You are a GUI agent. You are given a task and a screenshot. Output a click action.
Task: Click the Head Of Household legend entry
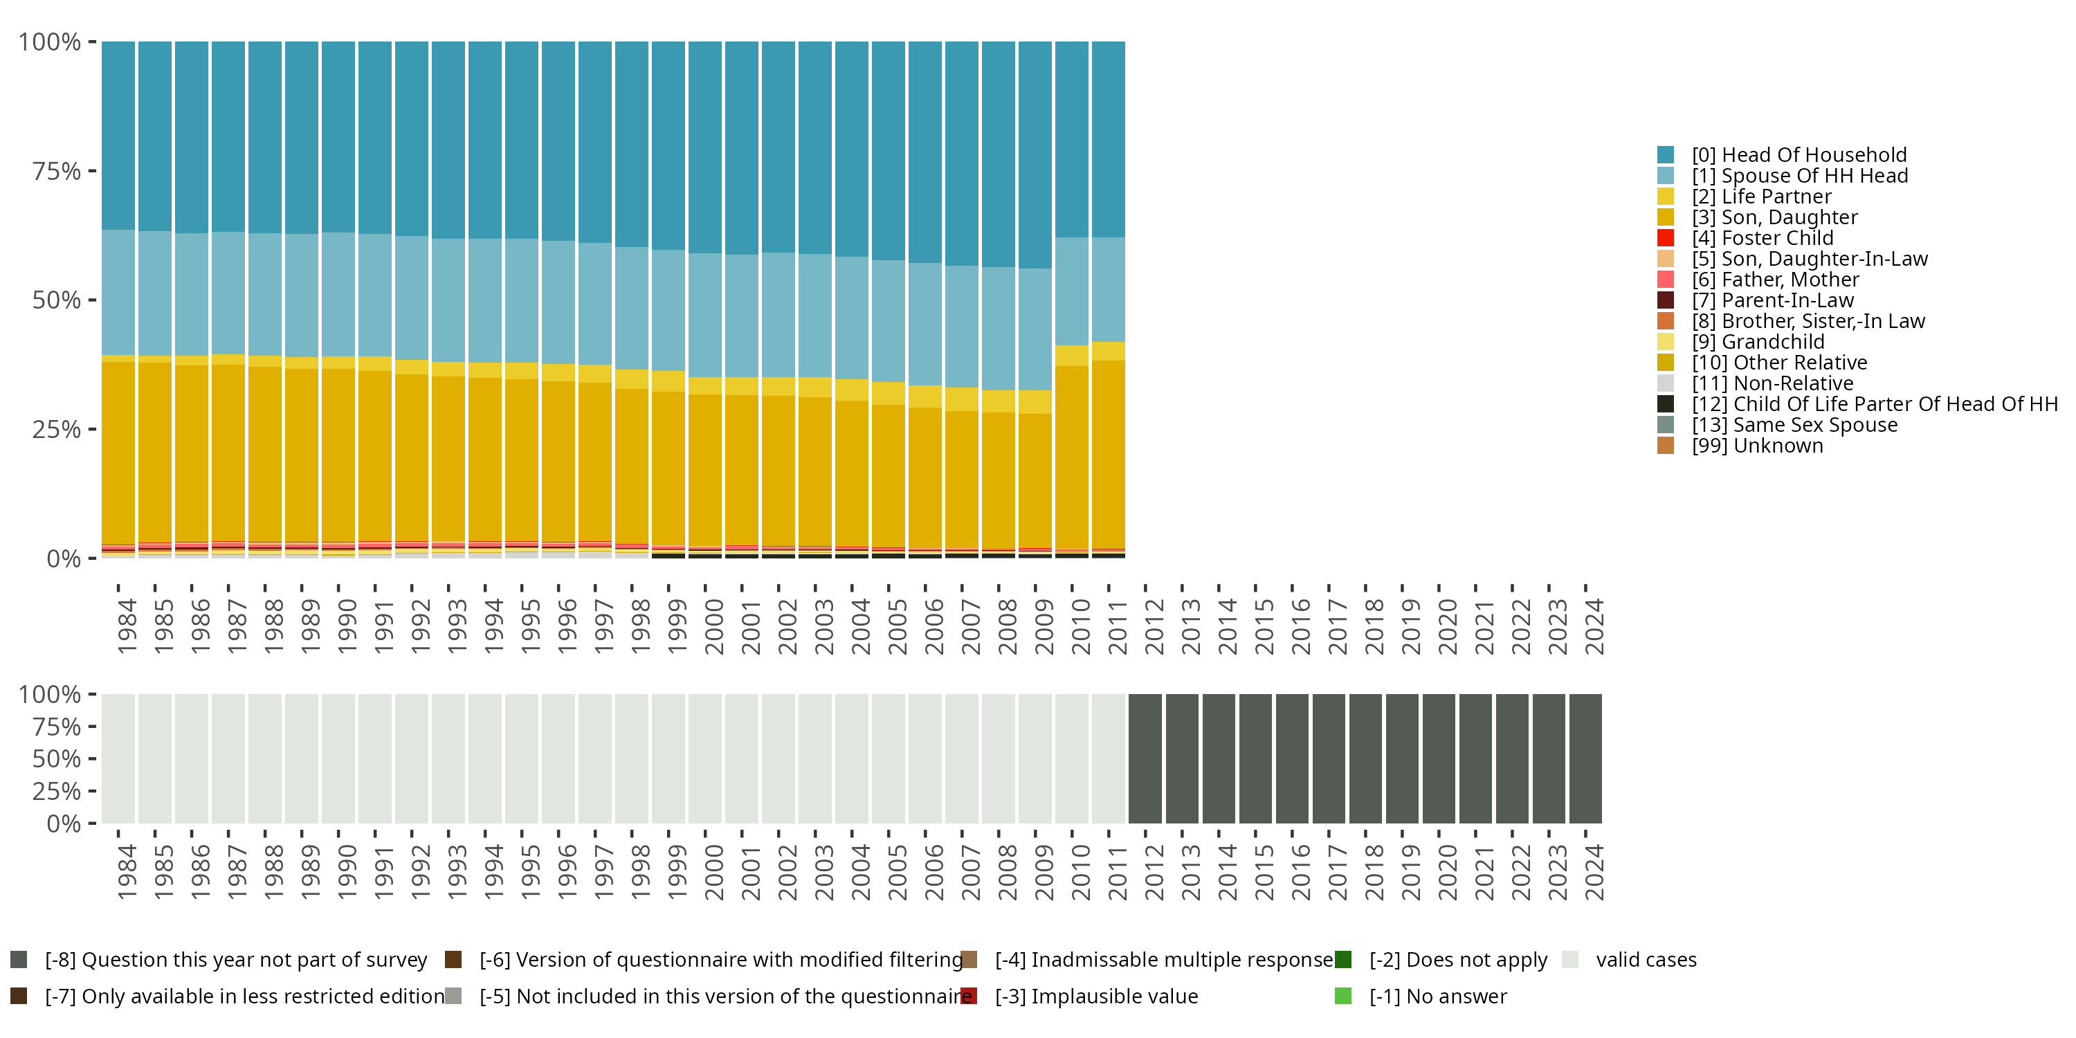(x=1798, y=155)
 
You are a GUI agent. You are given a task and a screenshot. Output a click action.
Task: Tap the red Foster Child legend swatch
(x=1665, y=238)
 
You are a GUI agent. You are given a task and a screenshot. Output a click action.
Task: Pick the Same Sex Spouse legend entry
(x=1793, y=425)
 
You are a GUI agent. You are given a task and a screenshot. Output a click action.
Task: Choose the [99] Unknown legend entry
(x=1757, y=446)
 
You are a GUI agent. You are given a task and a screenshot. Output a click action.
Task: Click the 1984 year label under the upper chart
(x=127, y=626)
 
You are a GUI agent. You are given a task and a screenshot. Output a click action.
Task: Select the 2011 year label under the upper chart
(x=1117, y=626)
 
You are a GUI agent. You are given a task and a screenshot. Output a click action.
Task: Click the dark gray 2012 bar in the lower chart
(x=1145, y=758)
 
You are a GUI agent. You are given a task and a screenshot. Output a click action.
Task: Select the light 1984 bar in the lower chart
(x=118, y=758)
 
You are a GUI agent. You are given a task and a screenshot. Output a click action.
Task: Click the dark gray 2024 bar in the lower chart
(x=1585, y=758)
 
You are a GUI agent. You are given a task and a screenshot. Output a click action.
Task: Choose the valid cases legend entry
(x=1645, y=960)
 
